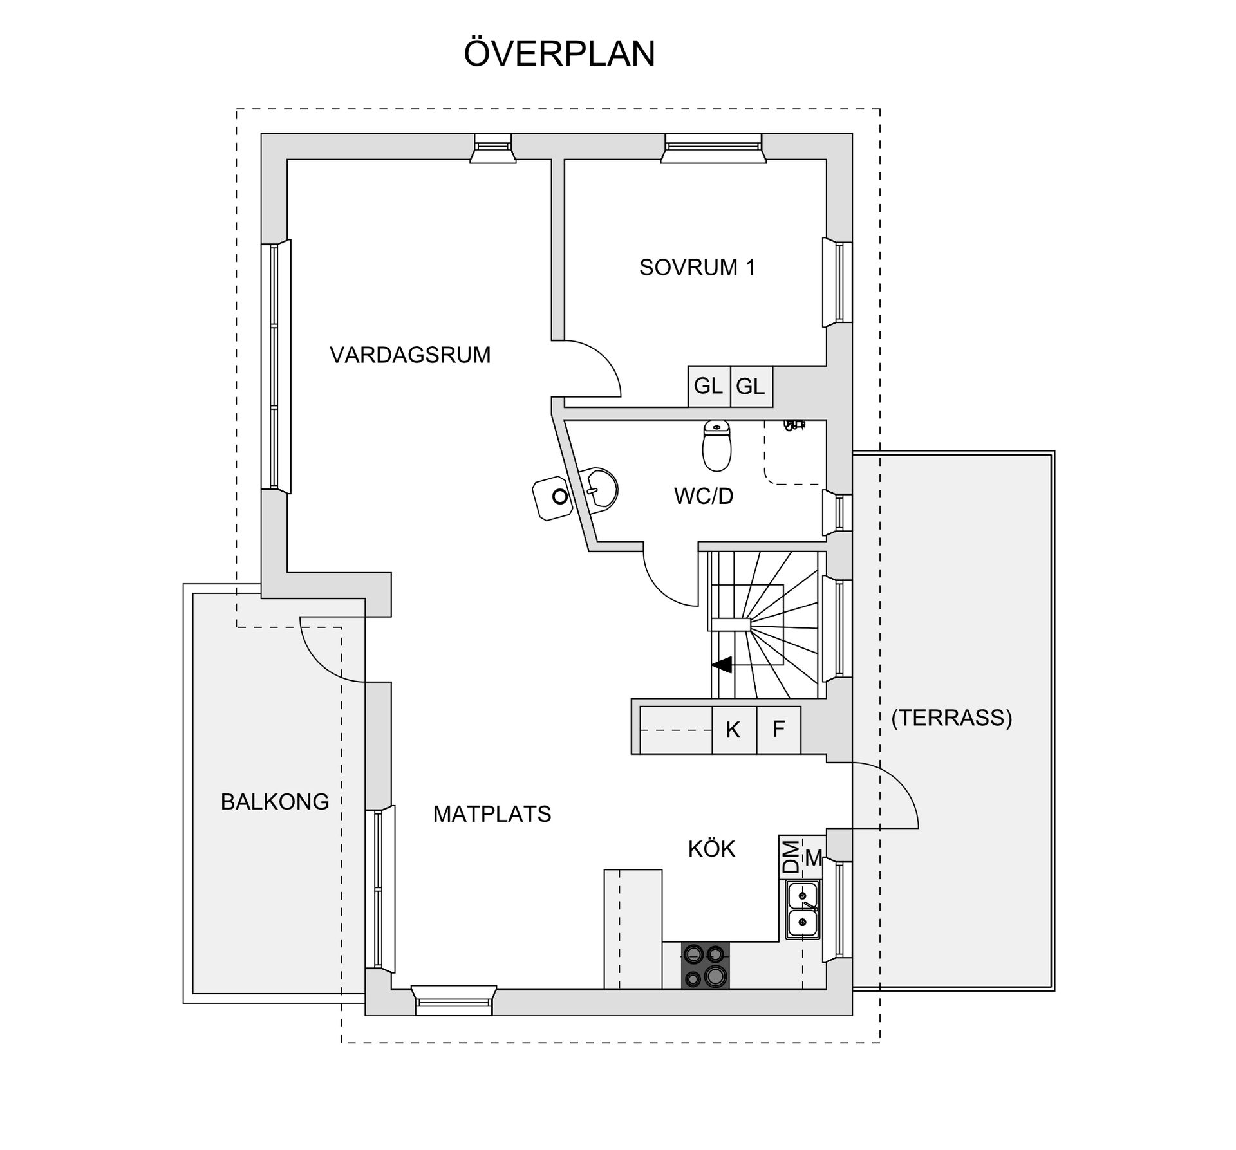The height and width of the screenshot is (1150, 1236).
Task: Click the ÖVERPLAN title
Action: coord(559,53)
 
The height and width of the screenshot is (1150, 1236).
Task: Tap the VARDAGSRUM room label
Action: coord(410,355)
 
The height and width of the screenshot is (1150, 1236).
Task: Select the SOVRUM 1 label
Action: coord(697,267)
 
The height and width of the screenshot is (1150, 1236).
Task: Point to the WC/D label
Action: coord(704,496)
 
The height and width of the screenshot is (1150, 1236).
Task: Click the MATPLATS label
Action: coord(492,814)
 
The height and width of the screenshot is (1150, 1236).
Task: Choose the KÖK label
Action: coord(711,849)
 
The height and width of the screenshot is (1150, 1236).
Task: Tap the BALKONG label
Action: coord(275,802)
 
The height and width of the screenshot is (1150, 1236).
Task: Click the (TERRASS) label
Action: coord(951,718)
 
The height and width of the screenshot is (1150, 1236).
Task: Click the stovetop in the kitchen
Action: coord(706,965)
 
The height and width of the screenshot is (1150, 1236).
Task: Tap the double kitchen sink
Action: coord(803,910)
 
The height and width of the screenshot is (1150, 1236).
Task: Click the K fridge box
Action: coord(733,730)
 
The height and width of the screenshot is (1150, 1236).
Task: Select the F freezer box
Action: coord(778,730)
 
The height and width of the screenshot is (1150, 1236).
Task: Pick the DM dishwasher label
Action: coord(791,857)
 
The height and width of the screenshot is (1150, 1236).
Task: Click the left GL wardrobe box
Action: coord(708,386)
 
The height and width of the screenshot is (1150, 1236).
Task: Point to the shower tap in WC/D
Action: coord(794,425)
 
